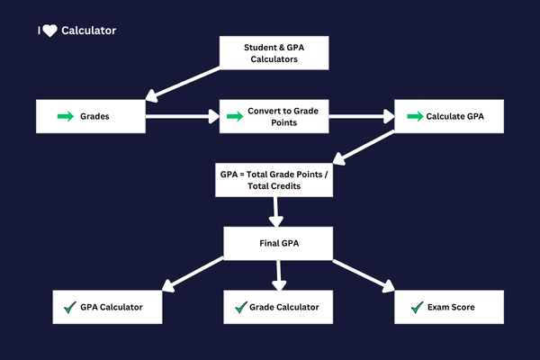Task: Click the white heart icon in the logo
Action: point(49,31)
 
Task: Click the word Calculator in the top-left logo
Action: point(88,31)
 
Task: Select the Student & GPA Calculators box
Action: point(274,53)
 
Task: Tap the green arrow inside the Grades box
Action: point(66,116)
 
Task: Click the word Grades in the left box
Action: point(95,116)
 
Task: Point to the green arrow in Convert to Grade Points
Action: point(234,116)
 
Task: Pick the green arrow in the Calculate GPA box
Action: point(414,116)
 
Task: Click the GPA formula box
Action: point(274,178)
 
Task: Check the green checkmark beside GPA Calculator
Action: point(68,308)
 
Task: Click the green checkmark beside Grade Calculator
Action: point(240,308)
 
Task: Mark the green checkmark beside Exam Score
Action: point(416,308)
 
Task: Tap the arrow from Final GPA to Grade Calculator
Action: point(279,274)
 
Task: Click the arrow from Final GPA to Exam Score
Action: point(364,274)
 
